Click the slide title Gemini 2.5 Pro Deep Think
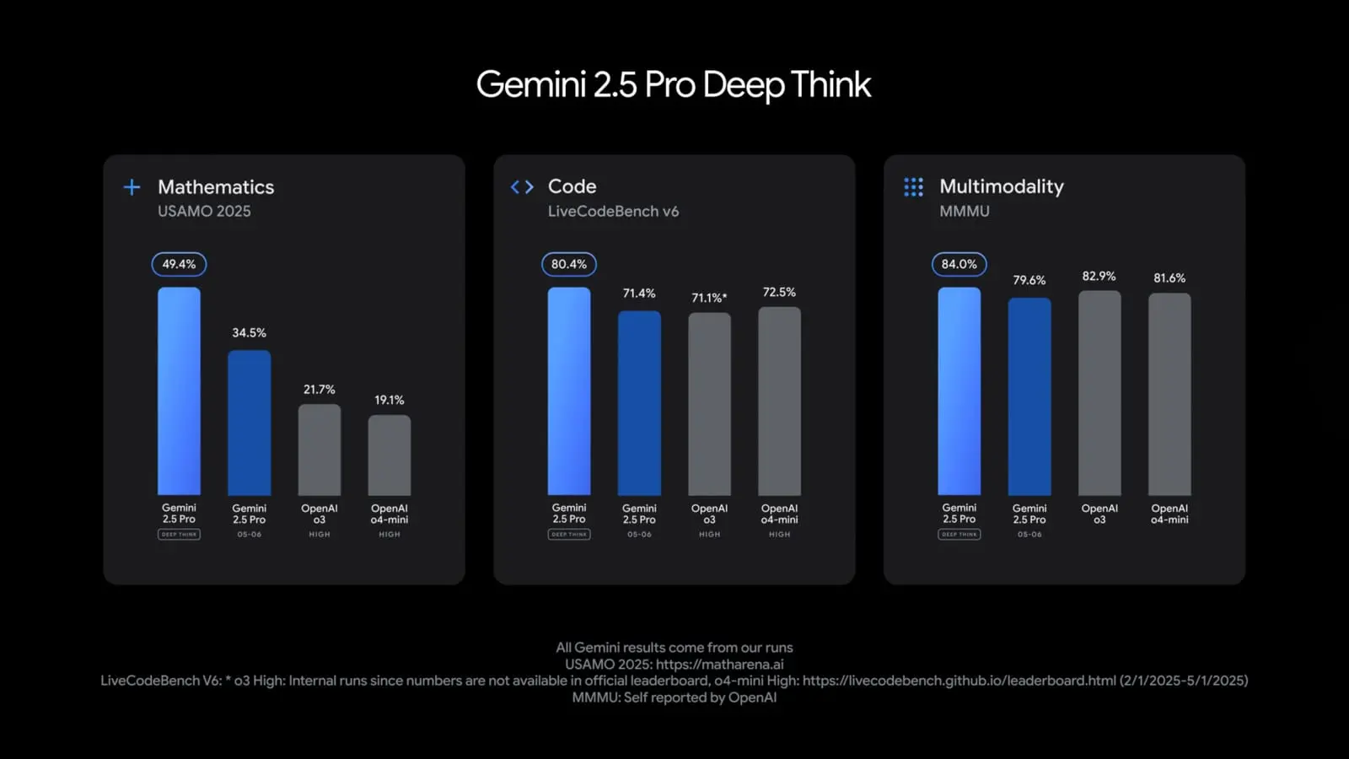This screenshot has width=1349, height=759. [673, 85]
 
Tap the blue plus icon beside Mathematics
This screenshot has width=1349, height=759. [132, 187]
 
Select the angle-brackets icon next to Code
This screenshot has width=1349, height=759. [522, 187]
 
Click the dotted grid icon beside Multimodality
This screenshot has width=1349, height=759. [913, 187]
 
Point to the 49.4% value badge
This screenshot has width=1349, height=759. [179, 265]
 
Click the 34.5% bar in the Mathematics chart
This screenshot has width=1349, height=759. [250, 423]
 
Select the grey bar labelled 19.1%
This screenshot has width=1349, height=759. [390, 455]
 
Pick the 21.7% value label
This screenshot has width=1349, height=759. [320, 390]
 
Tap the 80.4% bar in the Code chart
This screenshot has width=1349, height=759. [569, 391]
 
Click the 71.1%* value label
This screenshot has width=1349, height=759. [709, 298]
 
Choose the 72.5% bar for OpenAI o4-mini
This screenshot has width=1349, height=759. [779, 401]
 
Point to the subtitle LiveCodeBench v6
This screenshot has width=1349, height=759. [613, 212]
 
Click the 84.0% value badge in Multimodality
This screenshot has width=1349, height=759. [959, 265]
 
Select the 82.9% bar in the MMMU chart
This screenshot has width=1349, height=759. [1099, 393]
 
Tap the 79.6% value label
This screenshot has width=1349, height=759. [1029, 280]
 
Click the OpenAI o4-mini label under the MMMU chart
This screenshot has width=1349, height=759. [1169, 514]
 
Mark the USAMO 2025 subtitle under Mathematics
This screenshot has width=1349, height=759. [204, 212]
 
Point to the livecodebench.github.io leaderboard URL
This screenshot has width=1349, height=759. [959, 681]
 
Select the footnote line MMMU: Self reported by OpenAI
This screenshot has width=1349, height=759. [674, 697]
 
